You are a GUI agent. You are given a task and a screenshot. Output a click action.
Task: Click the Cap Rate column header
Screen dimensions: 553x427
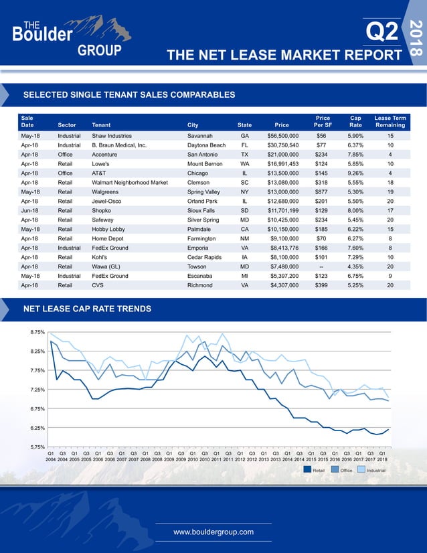pos(355,121)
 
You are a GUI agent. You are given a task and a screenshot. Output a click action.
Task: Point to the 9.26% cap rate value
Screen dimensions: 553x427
pos(355,173)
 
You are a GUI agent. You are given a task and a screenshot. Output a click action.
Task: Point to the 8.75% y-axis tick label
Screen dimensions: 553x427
pos(37,332)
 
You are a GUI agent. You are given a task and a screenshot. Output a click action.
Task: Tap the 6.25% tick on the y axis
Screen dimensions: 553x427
pos(37,428)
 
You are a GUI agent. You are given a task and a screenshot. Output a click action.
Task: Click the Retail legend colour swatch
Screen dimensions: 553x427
pos(307,470)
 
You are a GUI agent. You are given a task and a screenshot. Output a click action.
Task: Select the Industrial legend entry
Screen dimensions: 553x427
pos(371,470)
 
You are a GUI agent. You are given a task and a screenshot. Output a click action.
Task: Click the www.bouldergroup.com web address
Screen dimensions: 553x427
pos(213,532)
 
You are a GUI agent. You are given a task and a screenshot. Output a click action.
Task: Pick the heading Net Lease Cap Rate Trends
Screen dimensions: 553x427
pos(87,309)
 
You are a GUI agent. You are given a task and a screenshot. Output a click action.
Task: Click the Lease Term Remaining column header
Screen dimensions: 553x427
pos(390,121)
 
